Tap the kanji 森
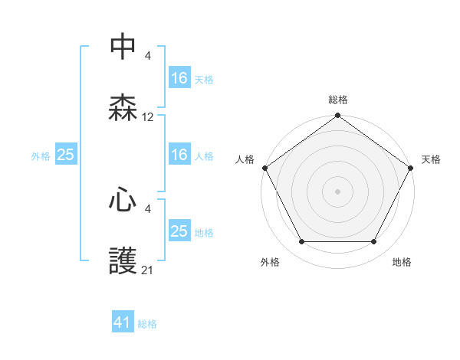pos(123,108)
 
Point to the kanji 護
pos(123,261)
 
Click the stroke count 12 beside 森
pos(148,117)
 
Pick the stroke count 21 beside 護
pos(148,270)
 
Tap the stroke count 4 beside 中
pos(148,55)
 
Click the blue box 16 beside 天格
pos(179,77)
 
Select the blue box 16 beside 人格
pos(179,155)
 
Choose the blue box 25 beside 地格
pos(179,231)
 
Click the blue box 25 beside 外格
pos(65,155)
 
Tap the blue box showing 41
pos(123,322)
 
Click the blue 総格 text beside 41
pos(147,324)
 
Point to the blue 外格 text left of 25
pos(41,156)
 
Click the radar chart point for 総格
pos(337,116)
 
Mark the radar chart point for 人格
pos(264,168)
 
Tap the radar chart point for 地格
pos(374,242)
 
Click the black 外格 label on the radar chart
pos(270,263)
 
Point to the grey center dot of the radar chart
pos(337,191)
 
